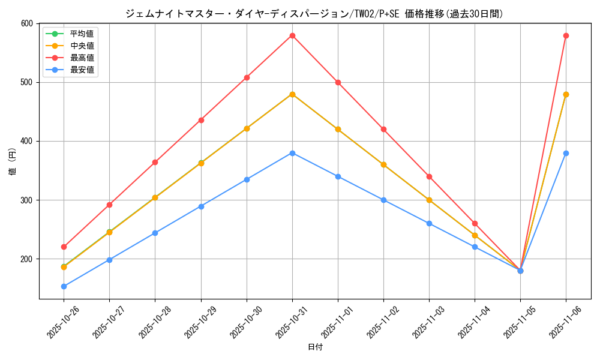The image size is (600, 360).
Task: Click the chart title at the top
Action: click(x=314, y=13)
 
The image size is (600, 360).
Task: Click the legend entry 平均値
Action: click(x=82, y=34)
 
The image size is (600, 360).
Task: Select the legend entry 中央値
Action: click(x=82, y=46)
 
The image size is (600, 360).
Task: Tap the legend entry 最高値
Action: click(x=82, y=58)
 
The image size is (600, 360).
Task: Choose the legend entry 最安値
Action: click(x=82, y=70)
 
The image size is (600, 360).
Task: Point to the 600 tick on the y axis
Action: click(x=26, y=23)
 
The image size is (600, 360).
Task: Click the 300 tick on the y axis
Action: click(x=26, y=200)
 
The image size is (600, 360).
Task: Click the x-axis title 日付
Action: click(x=314, y=347)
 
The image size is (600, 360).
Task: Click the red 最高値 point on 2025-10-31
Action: click(x=292, y=35)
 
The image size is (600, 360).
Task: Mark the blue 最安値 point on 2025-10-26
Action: click(x=64, y=286)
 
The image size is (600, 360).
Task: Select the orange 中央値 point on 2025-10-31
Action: click(x=292, y=94)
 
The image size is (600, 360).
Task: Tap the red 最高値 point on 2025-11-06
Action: click(x=566, y=35)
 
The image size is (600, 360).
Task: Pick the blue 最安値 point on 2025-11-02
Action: click(x=383, y=200)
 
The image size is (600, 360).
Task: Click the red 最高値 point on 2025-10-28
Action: click(x=155, y=162)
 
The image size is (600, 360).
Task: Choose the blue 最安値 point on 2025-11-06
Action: click(x=566, y=153)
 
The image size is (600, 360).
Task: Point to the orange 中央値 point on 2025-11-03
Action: click(x=429, y=200)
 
